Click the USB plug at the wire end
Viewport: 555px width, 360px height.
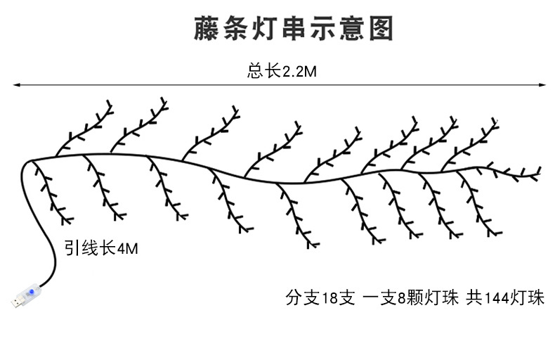(17, 302)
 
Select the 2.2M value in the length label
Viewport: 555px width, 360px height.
(296, 71)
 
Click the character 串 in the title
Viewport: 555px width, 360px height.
(292, 28)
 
